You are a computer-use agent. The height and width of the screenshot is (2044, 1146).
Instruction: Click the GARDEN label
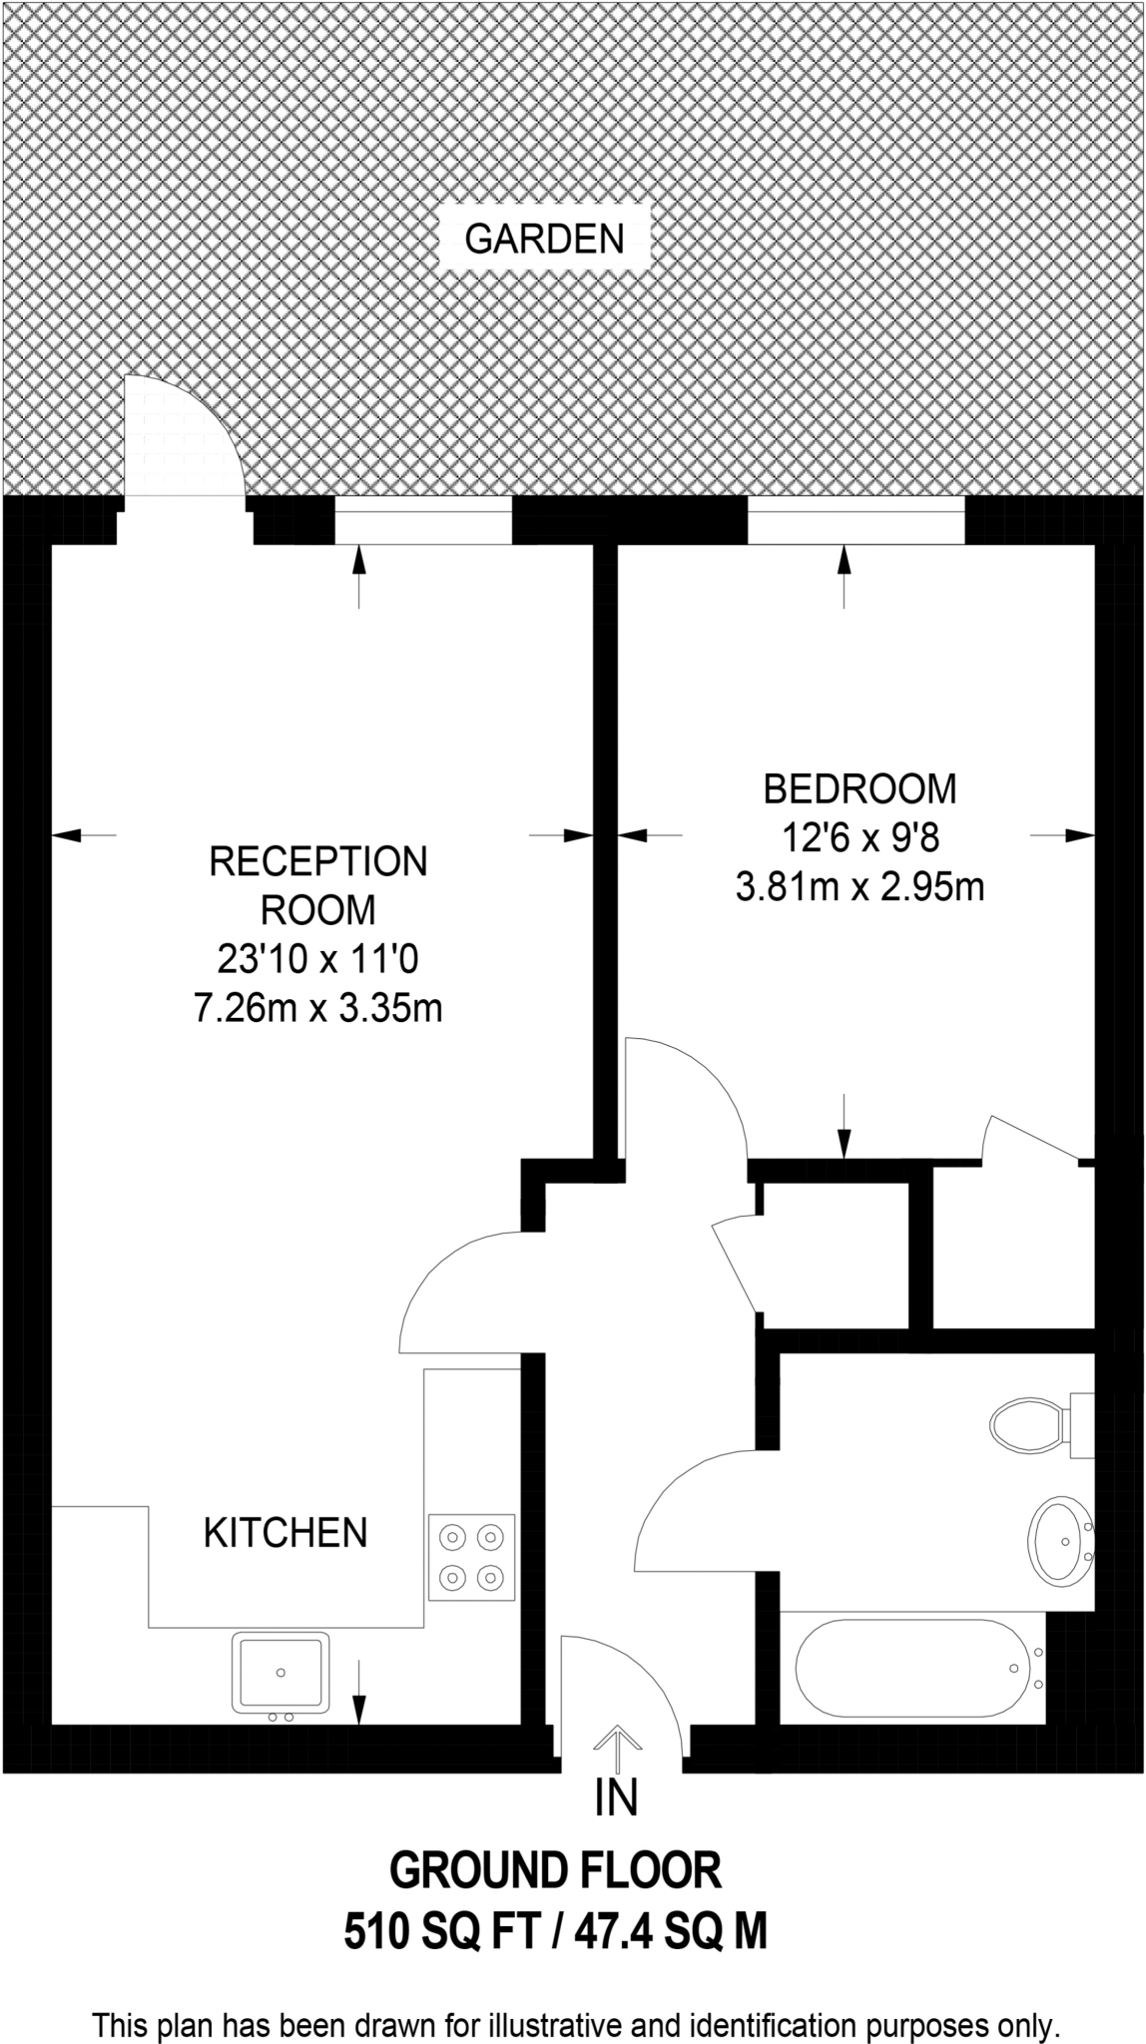click(x=545, y=240)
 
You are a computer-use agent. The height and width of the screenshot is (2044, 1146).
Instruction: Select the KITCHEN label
click(x=286, y=1533)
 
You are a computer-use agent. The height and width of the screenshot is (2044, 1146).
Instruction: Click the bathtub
click(x=910, y=1666)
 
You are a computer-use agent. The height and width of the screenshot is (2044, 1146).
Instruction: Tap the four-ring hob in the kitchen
click(x=472, y=1557)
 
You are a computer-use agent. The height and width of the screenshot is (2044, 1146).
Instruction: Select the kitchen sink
click(x=281, y=1672)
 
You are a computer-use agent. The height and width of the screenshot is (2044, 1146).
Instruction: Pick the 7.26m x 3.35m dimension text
click(x=317, y=1009)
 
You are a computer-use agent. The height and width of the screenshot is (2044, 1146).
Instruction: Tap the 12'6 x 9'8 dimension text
click(x=859, y=837)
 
